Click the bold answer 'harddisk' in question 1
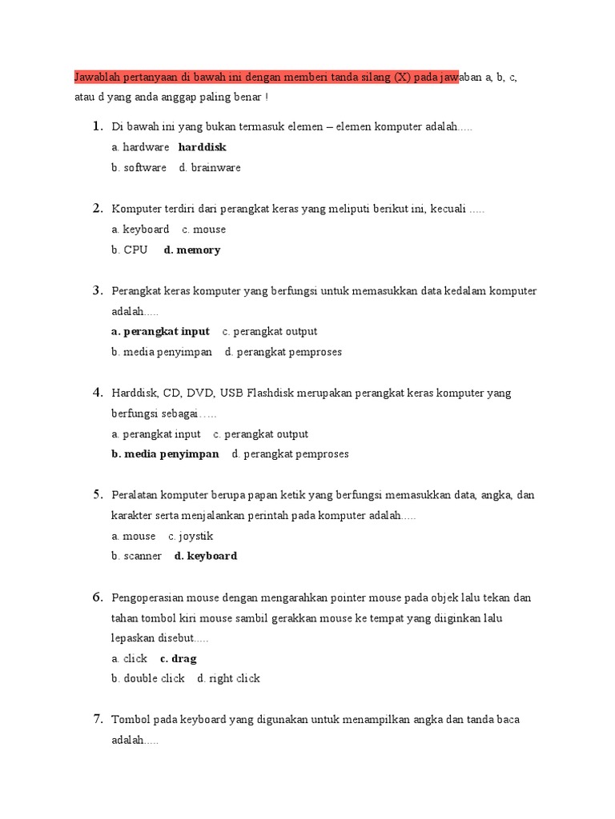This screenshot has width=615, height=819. click(x=203, y=147)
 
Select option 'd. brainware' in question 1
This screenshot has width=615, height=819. click(x=210, y=168)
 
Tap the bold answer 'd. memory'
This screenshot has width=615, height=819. click(x=192, y=250)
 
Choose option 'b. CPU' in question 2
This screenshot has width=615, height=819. click(x=130, y=250)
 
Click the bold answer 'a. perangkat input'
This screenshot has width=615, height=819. click(x=161, y=331)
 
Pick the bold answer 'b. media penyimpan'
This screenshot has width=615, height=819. click(x=166, y=453)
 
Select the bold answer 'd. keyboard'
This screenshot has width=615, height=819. click(x=206, y=556)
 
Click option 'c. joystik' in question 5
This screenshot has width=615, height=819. click(x=191, y=536)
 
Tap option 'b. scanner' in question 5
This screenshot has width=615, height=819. click(x=137, y=556)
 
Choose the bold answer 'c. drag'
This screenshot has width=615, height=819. click(x=179, y=658)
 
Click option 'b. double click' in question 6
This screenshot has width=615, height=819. click(x=148, y=678)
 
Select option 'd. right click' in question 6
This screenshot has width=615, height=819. click(x=229, y=678)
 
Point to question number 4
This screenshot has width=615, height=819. click(x=98, y=392)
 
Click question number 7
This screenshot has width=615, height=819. click(x=98, y=719)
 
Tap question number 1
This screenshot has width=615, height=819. click(x=98, y=126)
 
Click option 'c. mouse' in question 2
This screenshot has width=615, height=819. click(x=204, y=230)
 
